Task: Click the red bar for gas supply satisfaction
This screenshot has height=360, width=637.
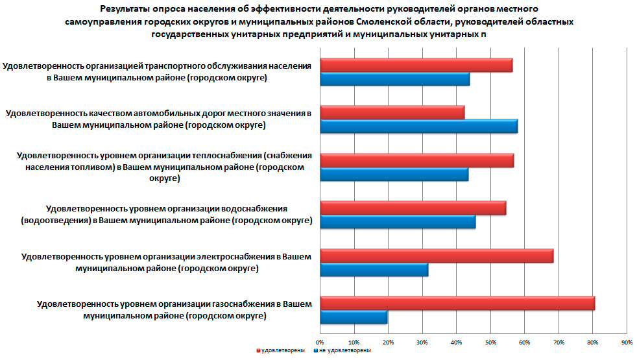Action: point(457,303)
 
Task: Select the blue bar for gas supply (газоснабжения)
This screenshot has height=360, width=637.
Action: point(354,317)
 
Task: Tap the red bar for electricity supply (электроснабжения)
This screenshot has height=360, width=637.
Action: point(437,256)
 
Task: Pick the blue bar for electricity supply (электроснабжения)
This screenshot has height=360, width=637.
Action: point(374,270)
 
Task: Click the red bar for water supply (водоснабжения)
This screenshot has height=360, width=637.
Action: point(413,208)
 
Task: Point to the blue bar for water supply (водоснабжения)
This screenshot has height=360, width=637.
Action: point(398,222)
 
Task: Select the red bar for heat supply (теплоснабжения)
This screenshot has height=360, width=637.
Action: point(417,160)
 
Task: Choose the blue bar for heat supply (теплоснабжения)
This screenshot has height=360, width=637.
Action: point(394,174)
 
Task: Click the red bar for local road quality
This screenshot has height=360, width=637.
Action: point(392,112)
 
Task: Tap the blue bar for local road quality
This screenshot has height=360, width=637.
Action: point(419,126)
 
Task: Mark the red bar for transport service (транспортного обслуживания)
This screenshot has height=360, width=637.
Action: point(416,66)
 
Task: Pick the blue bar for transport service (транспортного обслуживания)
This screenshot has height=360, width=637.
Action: point(395,79)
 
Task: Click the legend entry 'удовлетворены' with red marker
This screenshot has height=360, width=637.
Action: point(280,351)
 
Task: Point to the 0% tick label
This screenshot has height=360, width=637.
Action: point(320,342)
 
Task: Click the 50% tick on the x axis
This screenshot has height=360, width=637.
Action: point(490,342)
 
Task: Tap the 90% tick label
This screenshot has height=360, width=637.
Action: point(627,342)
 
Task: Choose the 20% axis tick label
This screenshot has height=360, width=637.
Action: point(388,342)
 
